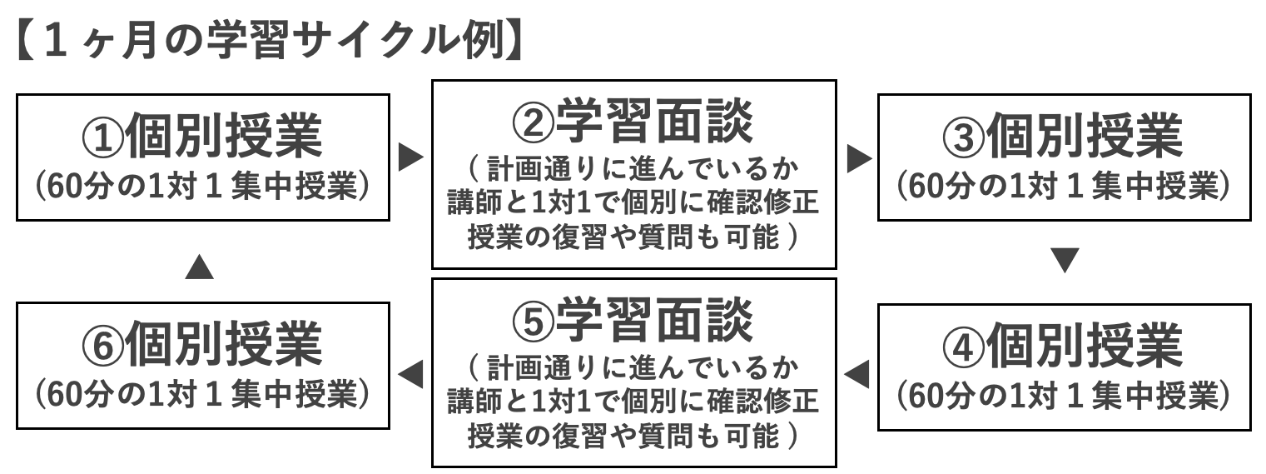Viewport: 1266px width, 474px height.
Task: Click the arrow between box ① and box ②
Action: (x=410, y=157)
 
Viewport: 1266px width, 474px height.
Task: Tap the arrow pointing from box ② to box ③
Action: (x=857, y=157)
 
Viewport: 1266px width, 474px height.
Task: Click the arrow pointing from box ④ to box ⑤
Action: (x=857, y=370)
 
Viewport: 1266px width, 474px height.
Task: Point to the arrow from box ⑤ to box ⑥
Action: (x=410, y=370)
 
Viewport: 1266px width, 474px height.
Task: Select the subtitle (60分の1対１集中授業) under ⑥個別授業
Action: (x=202, y=394)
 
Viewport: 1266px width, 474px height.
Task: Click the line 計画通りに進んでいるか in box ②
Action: (x=633, y=170)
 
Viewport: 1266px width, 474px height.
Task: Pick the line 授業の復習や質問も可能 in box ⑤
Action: (x=633, y=434)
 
